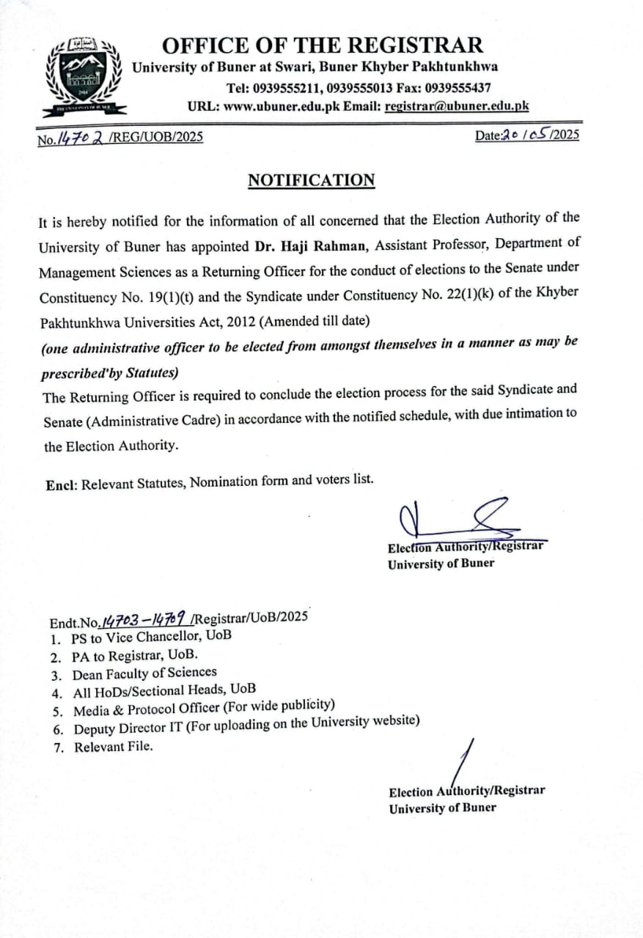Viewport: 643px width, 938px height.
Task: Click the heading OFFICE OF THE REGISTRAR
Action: point(323,45)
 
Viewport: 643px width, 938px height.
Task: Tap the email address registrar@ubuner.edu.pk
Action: point(457,106)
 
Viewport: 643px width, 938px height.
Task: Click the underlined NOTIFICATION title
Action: point(312,181)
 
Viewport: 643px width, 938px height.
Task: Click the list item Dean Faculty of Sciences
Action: point(144,673)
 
